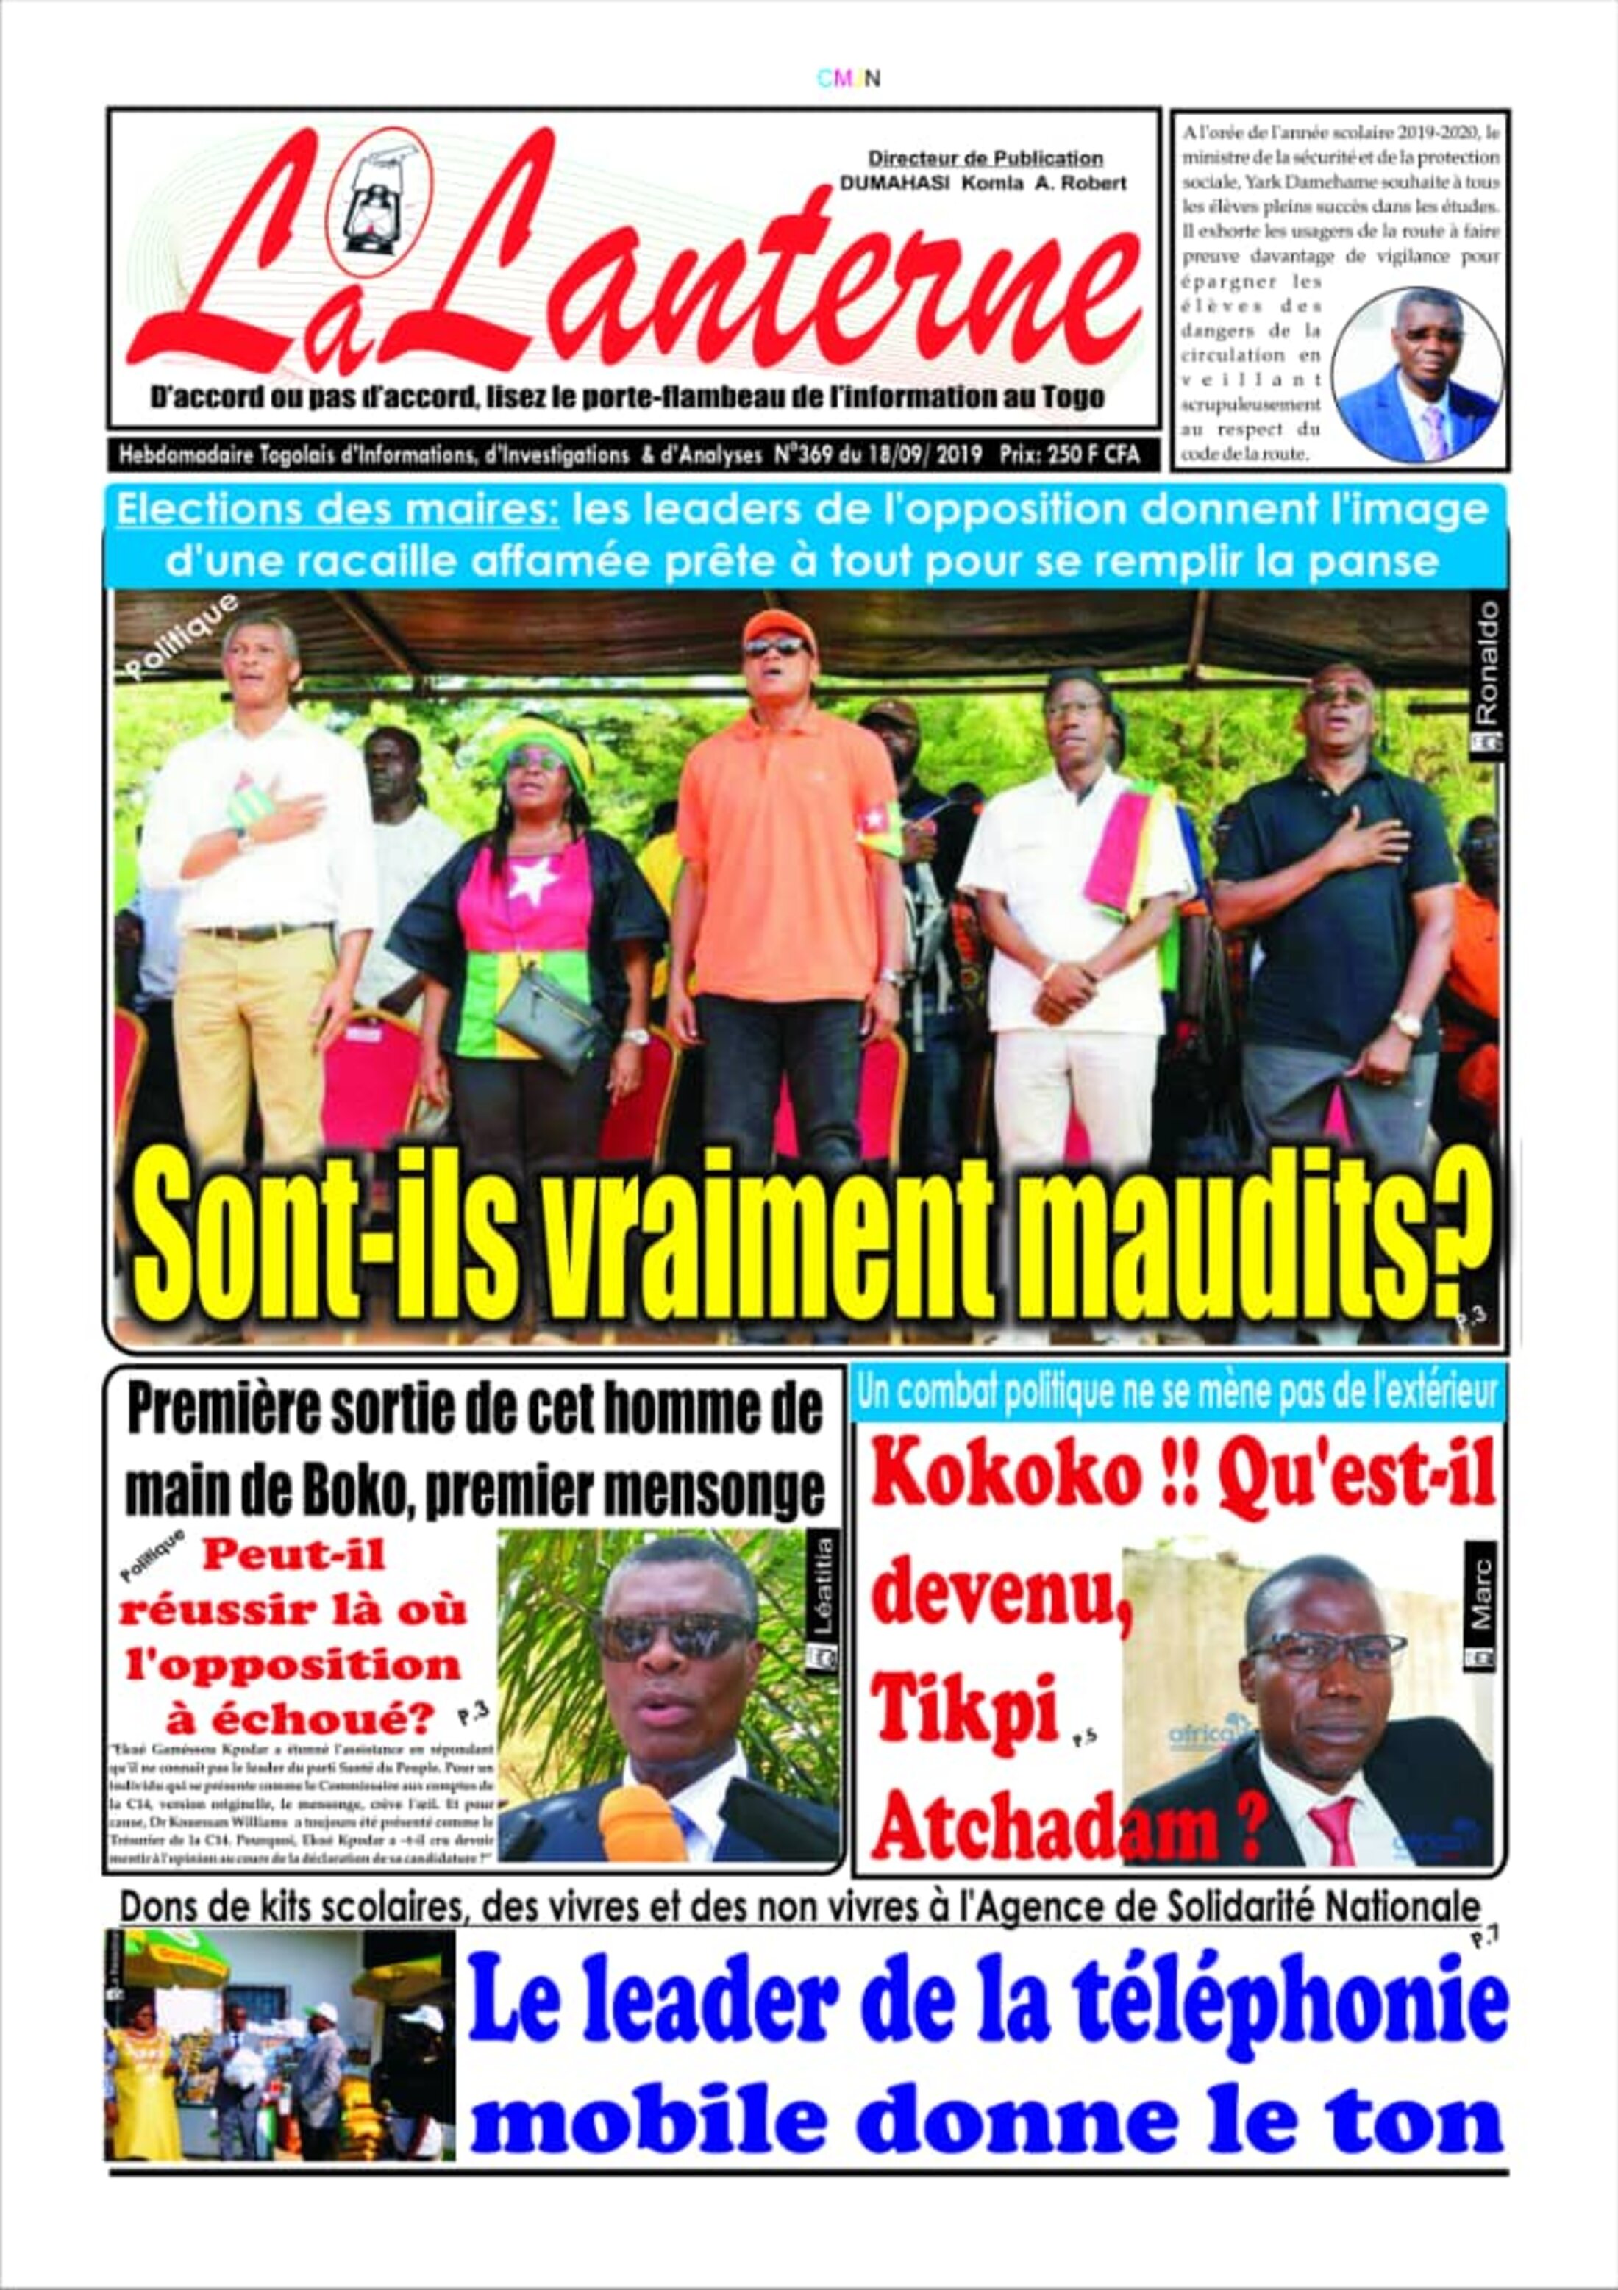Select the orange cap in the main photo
[x=775, y=624]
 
